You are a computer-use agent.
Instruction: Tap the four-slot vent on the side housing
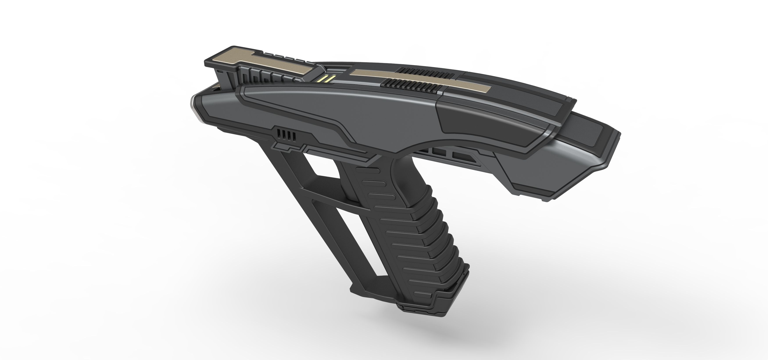pos(286,135)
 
